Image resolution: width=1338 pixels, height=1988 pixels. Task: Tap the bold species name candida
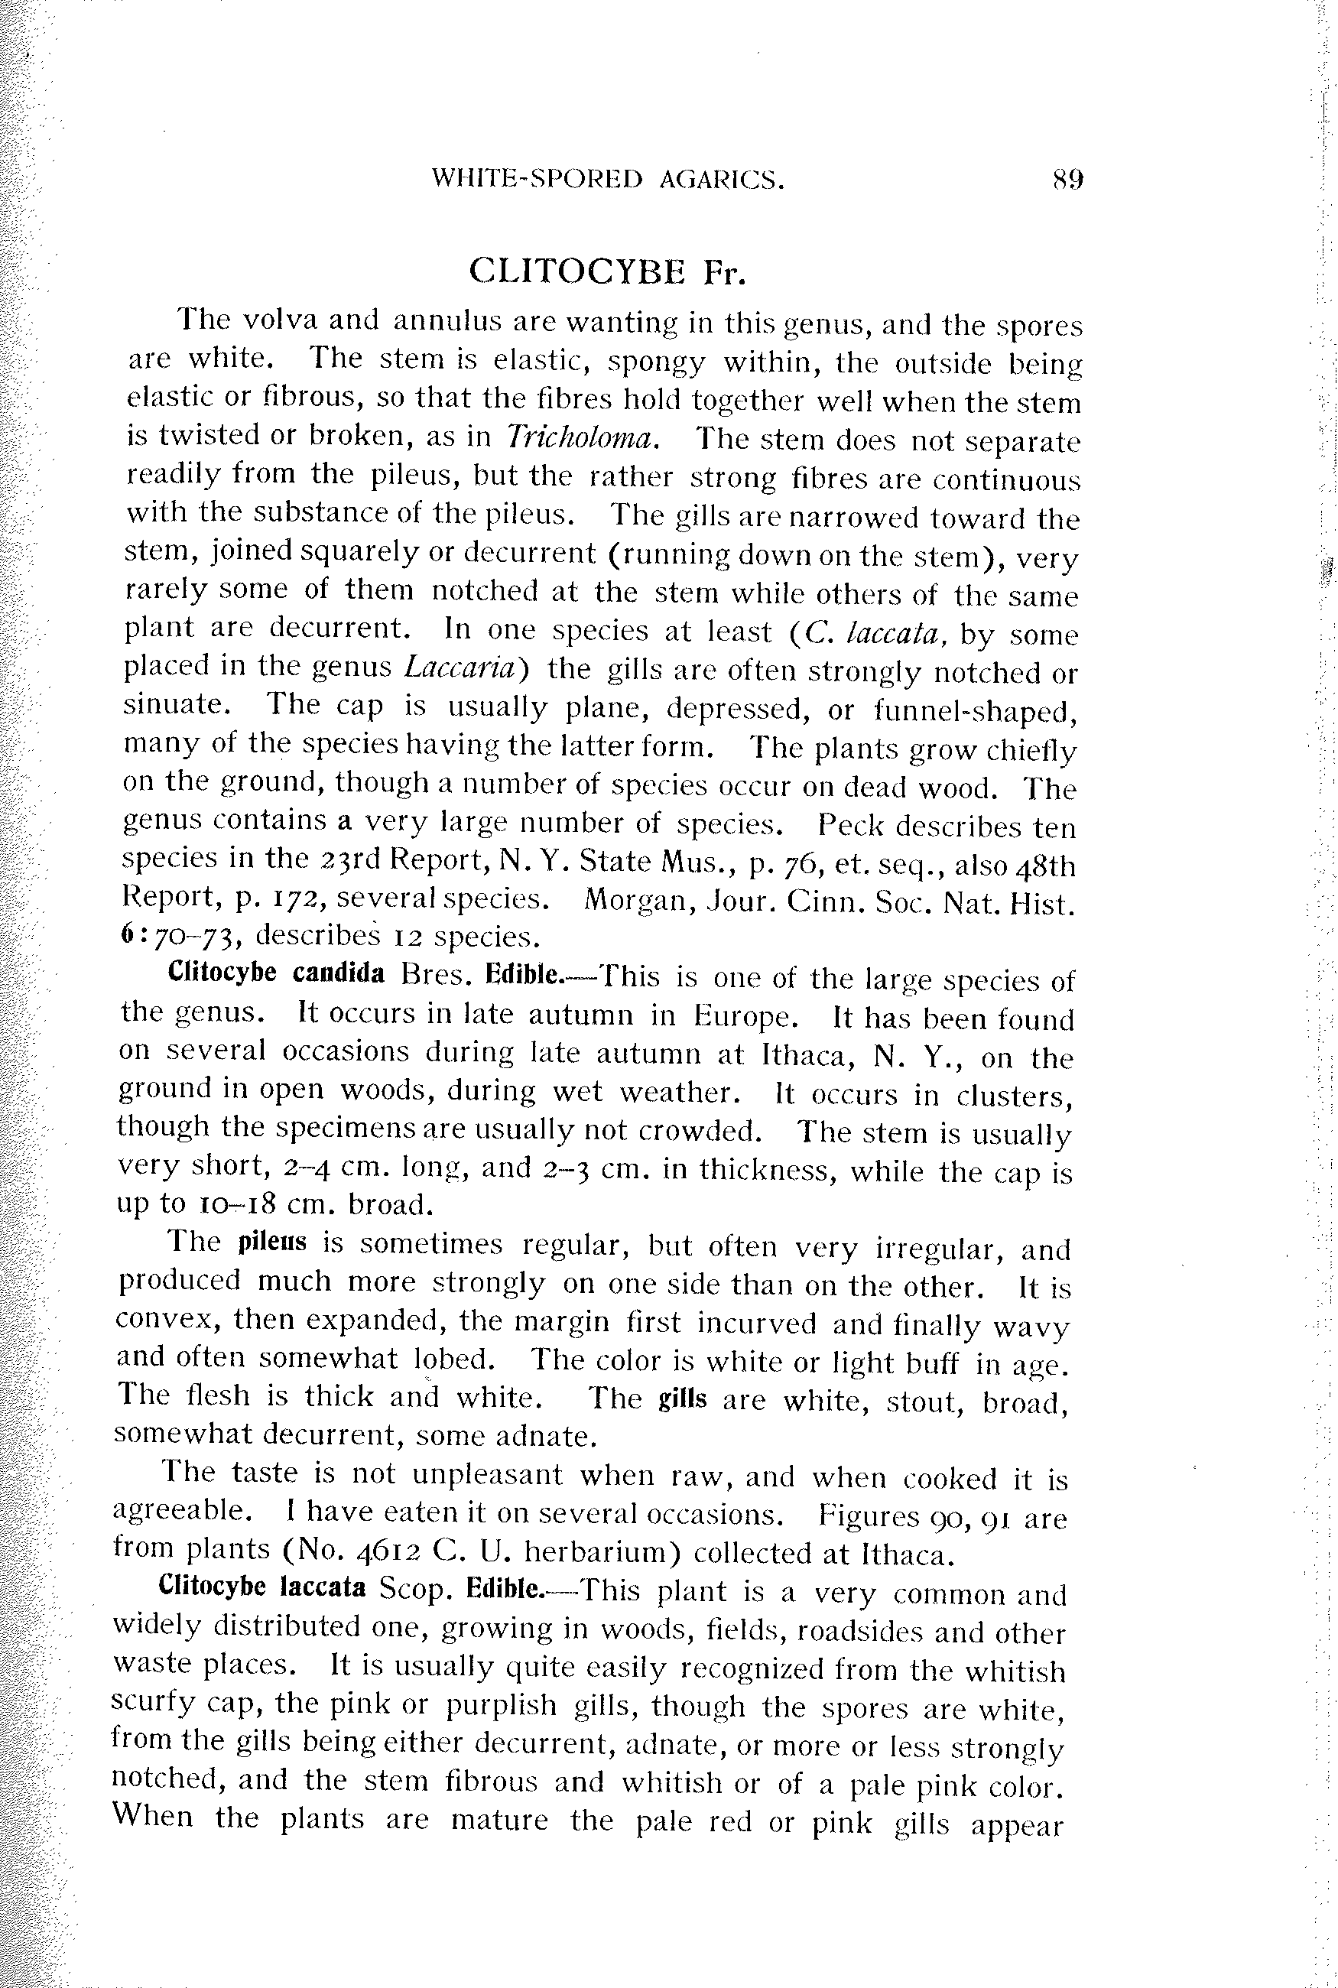[x=339, y=973]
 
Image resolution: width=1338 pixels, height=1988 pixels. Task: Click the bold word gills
[x=683, y=1399]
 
